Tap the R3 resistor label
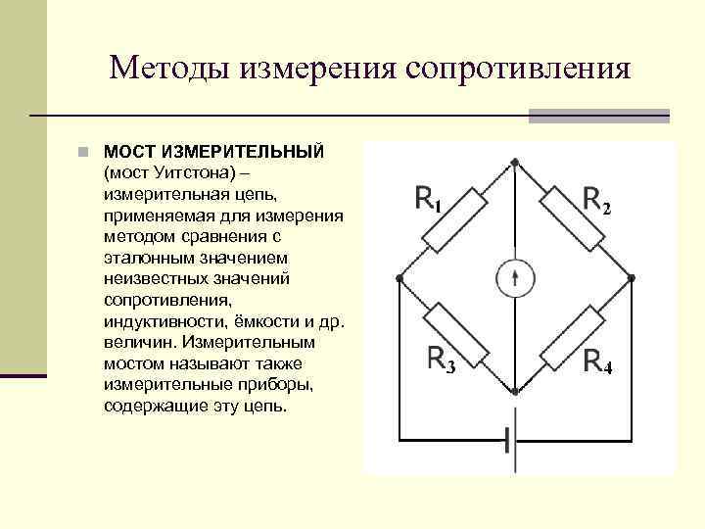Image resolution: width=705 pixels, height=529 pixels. (x=442, y=360)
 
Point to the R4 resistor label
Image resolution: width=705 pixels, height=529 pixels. (x=597, y=361)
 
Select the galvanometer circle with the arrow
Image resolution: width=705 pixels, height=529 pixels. (x=514, y=278)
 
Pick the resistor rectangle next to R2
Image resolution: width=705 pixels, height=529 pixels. (x=571, y=218)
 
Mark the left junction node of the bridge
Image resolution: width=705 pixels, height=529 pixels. (x=399, y=277)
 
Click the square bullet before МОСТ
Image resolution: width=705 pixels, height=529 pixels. (x=85, y=153)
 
